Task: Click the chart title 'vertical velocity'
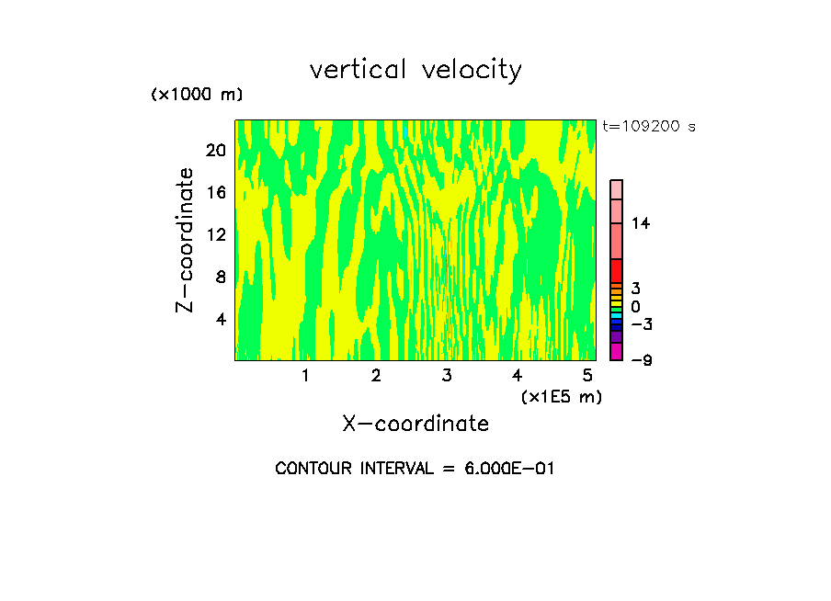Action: click(415, 70)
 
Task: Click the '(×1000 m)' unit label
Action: click(197, 95)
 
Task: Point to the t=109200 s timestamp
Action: click(648, 126)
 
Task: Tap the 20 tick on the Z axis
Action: click(216, 150)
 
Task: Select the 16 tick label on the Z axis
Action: click(216, 192)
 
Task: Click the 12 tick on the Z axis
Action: click(216, 234)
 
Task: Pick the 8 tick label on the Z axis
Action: click(220, 277)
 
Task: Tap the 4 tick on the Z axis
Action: click(220, 319)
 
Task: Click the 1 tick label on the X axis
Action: click(305, 376)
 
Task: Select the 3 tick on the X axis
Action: click(447, 376)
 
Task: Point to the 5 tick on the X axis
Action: click(587, 376)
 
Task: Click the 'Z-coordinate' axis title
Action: click(186, 240)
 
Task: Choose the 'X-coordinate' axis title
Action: click(415, 424)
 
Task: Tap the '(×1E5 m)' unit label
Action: click(561, 396)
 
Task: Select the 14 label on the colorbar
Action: click(642, 223)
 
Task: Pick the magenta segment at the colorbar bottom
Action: click(616, 351)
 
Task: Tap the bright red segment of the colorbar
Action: click(616, 271)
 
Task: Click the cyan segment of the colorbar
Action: click(616, 316)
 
